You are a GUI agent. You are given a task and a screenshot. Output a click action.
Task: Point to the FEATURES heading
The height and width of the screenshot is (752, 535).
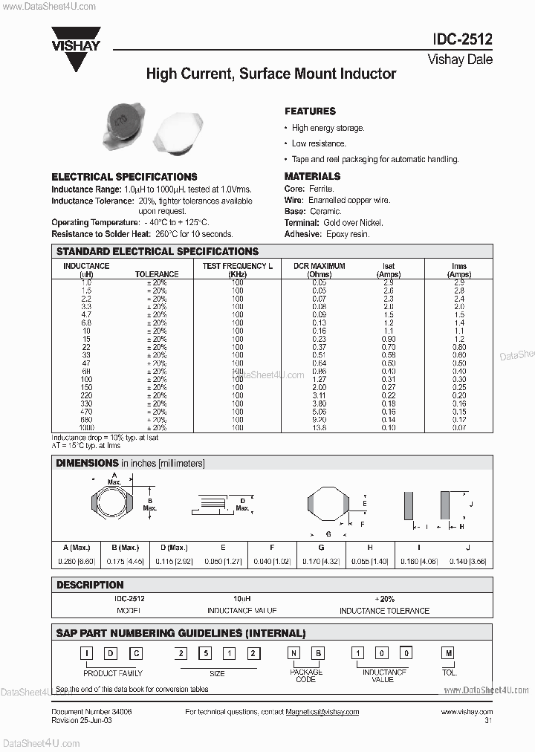point(310,111)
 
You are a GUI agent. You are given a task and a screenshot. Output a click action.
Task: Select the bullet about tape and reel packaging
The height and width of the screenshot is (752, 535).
point(374,159)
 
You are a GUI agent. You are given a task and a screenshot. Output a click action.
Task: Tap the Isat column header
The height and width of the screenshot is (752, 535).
point(389,266)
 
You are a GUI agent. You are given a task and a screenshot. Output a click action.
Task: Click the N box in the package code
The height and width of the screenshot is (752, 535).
point(295,653)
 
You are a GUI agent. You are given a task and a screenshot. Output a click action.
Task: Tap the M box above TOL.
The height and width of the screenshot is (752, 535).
point(447,653)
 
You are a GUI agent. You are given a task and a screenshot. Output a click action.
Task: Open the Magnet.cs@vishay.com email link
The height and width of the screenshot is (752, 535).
point(322,712)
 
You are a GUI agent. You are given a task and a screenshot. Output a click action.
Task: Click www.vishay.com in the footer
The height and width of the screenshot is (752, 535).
point(466,712)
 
